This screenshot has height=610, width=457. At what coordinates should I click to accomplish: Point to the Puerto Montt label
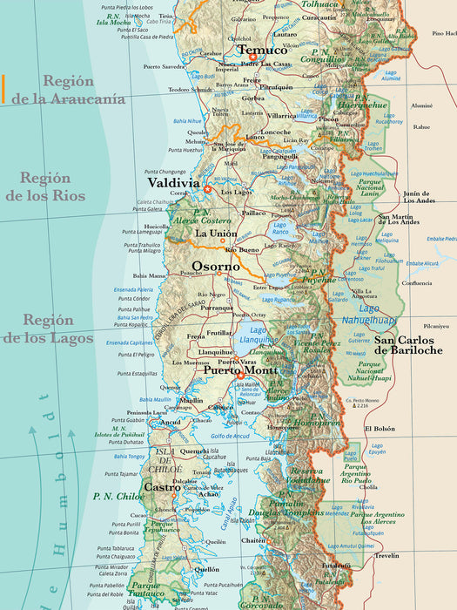click(x=241, y=369)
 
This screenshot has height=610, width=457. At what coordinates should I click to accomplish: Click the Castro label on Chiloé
click(x=161, y=486)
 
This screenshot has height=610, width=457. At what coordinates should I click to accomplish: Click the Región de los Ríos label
click(x=45, y=186)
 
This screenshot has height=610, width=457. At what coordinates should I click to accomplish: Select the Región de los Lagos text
click(x=48, y=329)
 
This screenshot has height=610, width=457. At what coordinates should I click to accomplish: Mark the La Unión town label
click(x=215, y=234)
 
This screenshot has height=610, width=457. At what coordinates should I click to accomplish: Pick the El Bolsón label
click(x=380, y=429)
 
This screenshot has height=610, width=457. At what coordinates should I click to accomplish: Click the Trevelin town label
click(x=386, y=555)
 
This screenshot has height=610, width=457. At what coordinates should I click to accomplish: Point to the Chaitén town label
click(x=253, y=540)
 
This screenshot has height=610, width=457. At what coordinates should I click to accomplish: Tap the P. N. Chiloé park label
click(x=118, y=496)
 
